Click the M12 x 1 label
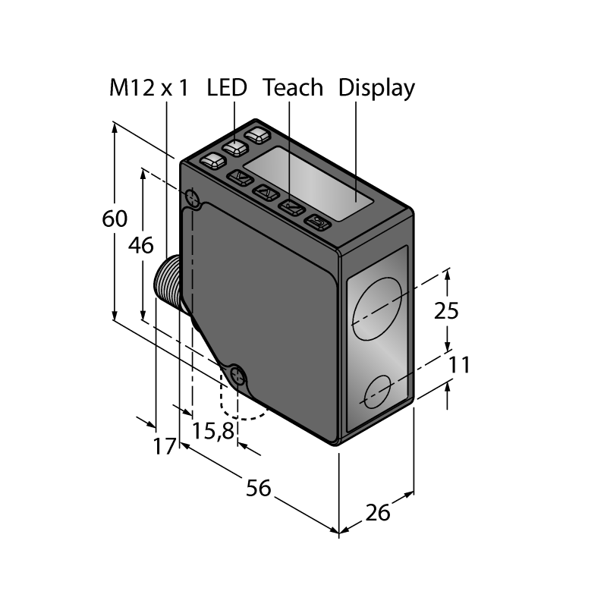click(x=149, y=88)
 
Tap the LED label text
click(x=227, y=88)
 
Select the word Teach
click(x=293, y=88)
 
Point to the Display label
click(x=376, y=89)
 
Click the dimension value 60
click(x=115, y=219)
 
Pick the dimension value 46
click(x=141, y=245)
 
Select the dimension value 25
click(x=446, y=311)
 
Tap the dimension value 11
click(x=460, y=365)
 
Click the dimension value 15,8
click(x=213, y=431)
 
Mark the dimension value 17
click(x=165, y=446)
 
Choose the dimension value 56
click(x=259, y=488)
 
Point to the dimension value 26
click(x=378, y=514)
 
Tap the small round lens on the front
click(x=378, y=392)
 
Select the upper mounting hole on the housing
click(x=193, y=198)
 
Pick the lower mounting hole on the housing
click(x=237, y=376)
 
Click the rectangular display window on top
click(x=309, y=184)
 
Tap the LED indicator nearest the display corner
click(x=258, y=135)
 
